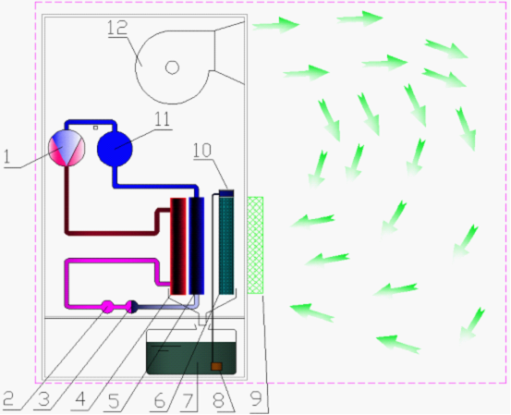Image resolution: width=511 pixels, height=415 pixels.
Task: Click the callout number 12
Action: tap(117, 28)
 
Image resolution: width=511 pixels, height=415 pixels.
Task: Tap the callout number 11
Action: tap(162, 119)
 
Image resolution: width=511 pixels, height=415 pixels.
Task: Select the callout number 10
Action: tap(202, 150)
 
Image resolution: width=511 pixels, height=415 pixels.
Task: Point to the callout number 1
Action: tap(7, 157)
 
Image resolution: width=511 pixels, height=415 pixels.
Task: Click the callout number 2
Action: tap(9, 398)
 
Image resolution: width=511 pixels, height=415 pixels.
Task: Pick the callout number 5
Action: tap(114, 400)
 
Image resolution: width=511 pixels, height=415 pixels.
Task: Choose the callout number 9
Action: tap(257, 398)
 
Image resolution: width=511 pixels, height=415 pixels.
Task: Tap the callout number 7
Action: tap(188, 400)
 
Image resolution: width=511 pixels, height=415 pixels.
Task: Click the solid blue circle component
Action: tap(115, 148)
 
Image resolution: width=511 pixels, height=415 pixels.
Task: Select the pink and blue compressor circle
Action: tap(67, 148)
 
